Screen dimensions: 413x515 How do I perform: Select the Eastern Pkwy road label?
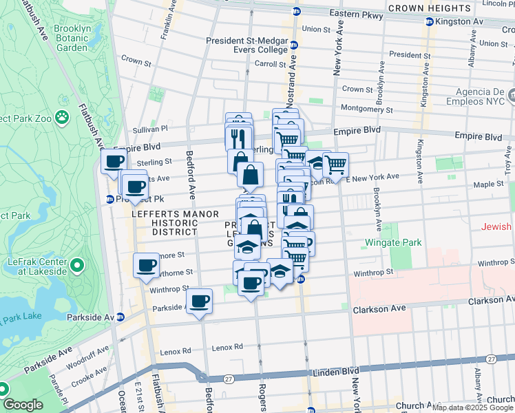click(x=355, y=13)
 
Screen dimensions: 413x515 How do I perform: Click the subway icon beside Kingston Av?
click(x=428, y=22)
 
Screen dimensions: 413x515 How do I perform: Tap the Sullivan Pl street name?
click(x=150, y=128)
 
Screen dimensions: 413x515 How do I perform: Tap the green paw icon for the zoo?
click(x=62, y=117)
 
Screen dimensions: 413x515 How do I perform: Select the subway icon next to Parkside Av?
click(x=121, y=317)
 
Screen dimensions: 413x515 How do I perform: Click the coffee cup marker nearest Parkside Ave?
click(x=200, y=301)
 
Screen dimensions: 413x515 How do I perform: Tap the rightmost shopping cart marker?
click(x=335, y=164)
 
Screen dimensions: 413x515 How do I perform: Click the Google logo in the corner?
click(x=23, y=405)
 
